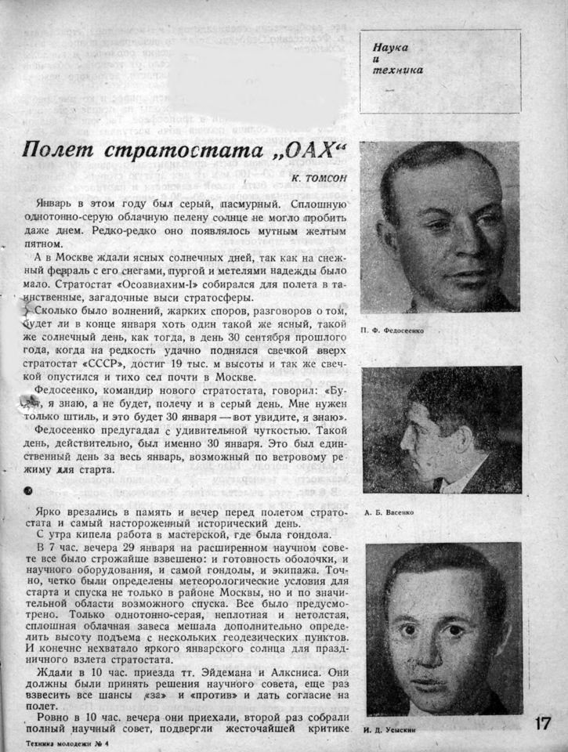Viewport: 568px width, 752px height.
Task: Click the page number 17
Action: (544, 723)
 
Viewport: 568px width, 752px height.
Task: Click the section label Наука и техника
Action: (398, 59)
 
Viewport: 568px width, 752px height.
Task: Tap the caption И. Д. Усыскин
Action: (389, 730)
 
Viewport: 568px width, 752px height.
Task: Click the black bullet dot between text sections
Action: (29, 491)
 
